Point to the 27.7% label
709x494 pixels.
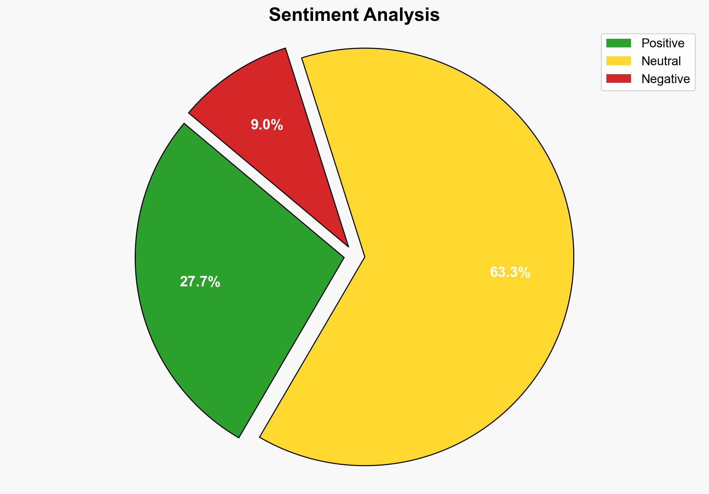200,282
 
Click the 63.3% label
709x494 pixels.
510,273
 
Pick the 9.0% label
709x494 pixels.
266,125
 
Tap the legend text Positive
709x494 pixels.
663,43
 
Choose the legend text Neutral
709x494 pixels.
661,61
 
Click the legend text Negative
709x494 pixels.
665,79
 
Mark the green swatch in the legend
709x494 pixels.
618,43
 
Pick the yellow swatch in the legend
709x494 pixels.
618,61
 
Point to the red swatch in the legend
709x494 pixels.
618,79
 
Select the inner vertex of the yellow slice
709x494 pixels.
364,257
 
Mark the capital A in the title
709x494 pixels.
369,15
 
